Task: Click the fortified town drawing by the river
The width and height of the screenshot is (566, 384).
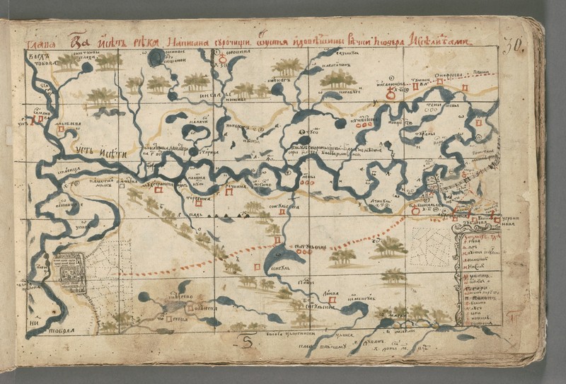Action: coord(71,273)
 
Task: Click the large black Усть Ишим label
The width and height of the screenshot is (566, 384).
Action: coord(93,149)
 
